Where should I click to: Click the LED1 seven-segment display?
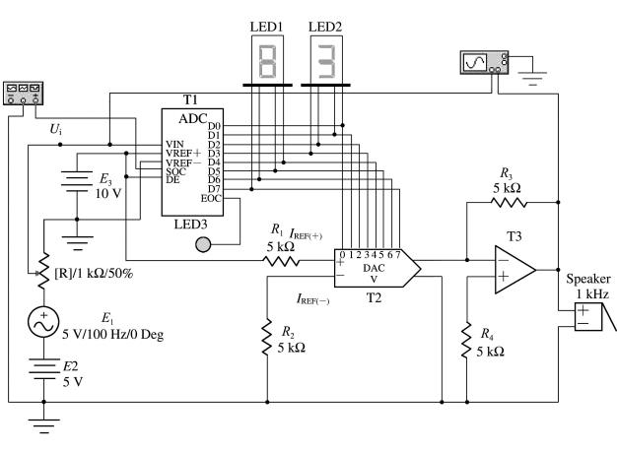tap(267, 60)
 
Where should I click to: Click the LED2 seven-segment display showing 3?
tap(326, 60)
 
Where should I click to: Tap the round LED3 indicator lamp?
tap(203, 244)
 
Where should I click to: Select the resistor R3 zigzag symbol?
tap(509, 203)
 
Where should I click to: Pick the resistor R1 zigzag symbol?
tap(281, 261)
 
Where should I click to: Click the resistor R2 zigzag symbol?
tap(267, 338)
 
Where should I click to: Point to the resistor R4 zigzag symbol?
tap(466, 341)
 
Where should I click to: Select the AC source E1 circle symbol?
tap(43, 322)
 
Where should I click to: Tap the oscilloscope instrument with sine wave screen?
tap(484, 62)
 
